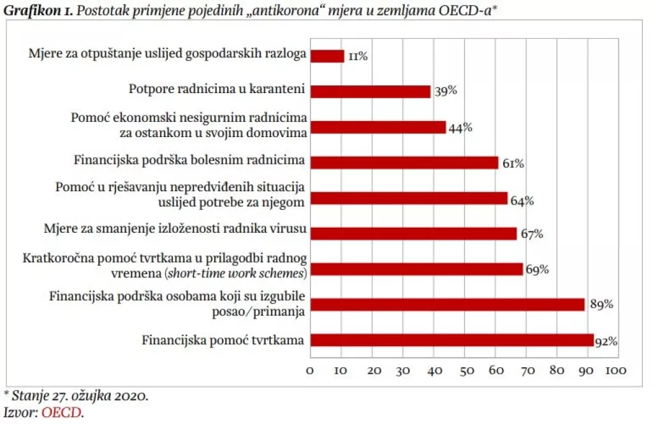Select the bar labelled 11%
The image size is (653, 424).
tap(327, 56)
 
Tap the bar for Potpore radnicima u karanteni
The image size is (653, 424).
tap(371, 92)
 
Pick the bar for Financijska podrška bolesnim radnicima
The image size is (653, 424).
tap(404, 163)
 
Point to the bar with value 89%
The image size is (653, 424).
tap(447, 305)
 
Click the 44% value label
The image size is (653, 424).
tap(460, 128)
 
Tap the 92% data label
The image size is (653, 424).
tap(606, 342)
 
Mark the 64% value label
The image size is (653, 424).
tap(521, 201)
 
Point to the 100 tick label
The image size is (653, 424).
tap(615, 370)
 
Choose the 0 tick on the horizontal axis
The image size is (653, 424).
tap(310, 370)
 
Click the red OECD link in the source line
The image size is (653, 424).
tap(61, 413)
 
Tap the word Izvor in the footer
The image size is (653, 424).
tap(20, 413)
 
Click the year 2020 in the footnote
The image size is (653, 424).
tap(131, 396)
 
